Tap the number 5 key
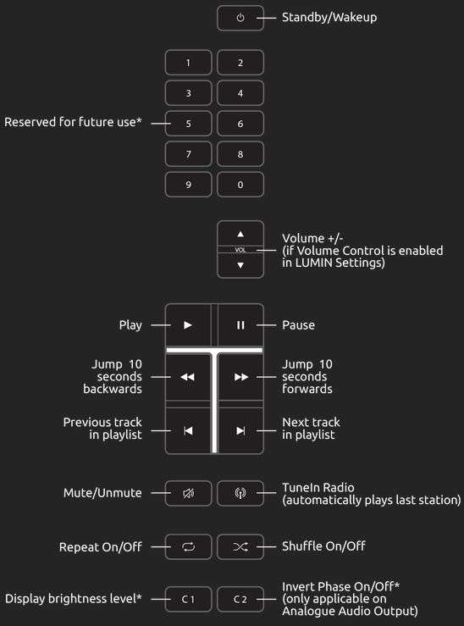point(188,124)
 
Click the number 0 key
point(240,185)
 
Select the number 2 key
point(240,63)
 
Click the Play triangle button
point(188,325)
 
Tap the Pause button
point(240,325)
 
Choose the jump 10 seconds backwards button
point(187,377)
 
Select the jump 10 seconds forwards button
point(241,377)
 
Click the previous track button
point(188,430)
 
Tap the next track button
point(240,430)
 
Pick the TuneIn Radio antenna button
point(240,493)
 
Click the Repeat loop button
point(188,546)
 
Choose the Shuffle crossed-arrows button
point(240,546)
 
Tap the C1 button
point(188,599)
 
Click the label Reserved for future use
point(73,122)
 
